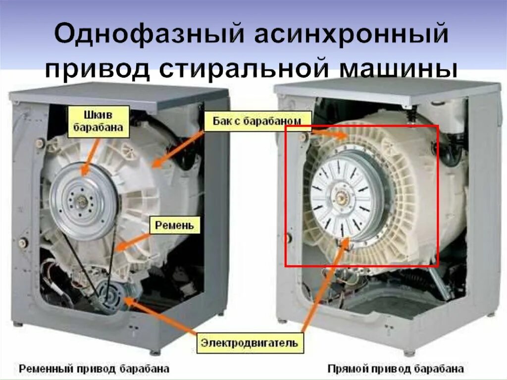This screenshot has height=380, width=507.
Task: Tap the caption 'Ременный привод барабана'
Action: click(94, 369)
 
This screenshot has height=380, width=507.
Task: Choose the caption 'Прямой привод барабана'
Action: click(396, 369)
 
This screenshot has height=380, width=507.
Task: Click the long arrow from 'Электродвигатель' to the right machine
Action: click(322, 287)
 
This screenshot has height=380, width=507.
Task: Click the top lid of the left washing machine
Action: click(119, 94)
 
